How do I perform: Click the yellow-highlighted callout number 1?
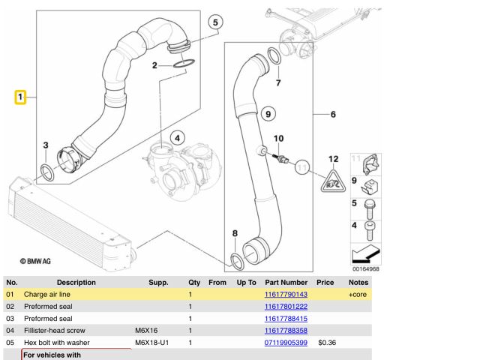pos(21,97)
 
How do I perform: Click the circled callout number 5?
pos(215,22)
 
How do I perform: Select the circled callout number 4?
pos(177,137)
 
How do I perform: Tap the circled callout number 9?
pos(265,114)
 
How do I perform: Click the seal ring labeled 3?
pos(46,172)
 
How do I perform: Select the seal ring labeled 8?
pos(236,260)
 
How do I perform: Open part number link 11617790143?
pos(286,295)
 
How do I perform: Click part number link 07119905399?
pos(286,343)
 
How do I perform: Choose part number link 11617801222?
pos(286,307)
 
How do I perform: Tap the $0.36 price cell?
pos(326,343)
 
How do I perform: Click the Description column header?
pos(76,283)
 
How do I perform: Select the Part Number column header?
pos(286,283)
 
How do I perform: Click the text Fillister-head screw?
pos(55,331)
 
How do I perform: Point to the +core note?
pos(358,295)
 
